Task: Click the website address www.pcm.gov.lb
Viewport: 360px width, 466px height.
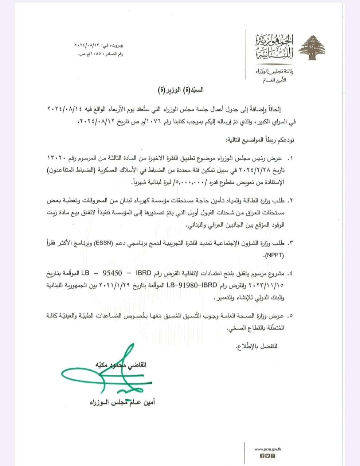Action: point(268,449)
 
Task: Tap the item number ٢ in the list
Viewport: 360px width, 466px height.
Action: point(291,201)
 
